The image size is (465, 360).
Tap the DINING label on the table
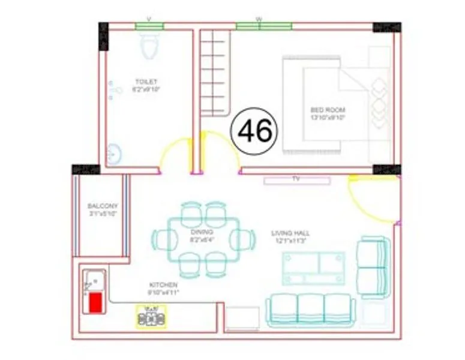point(198,232)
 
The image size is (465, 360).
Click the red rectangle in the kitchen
point(95,304)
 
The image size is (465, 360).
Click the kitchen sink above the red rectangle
point(95,280)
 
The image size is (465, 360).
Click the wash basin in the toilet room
point(115,154)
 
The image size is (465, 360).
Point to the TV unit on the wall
point(296,179)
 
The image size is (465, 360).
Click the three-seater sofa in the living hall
point(311,309)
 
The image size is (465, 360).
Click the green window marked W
point(263,26)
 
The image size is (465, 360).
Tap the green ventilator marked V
point(149,26)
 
